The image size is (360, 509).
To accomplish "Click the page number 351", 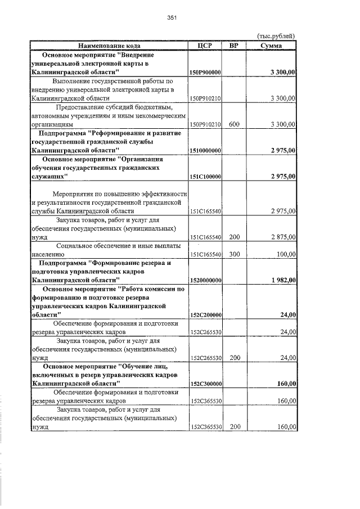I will tap(172, 17).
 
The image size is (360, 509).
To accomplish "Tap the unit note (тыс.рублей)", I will tap(276, 37).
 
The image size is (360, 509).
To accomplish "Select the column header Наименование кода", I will tap(109, 46).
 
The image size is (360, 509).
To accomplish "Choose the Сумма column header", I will tap(271, 46).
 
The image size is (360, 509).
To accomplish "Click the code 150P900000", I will tap(205, 73).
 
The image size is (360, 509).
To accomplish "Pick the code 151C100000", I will tap(205, 177).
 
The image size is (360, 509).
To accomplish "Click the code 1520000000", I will tap(205, 281).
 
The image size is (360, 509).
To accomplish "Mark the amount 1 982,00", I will tap(283, 281).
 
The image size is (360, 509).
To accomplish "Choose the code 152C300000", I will tap(205, 384).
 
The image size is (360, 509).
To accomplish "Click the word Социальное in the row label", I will tap(78, 246).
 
